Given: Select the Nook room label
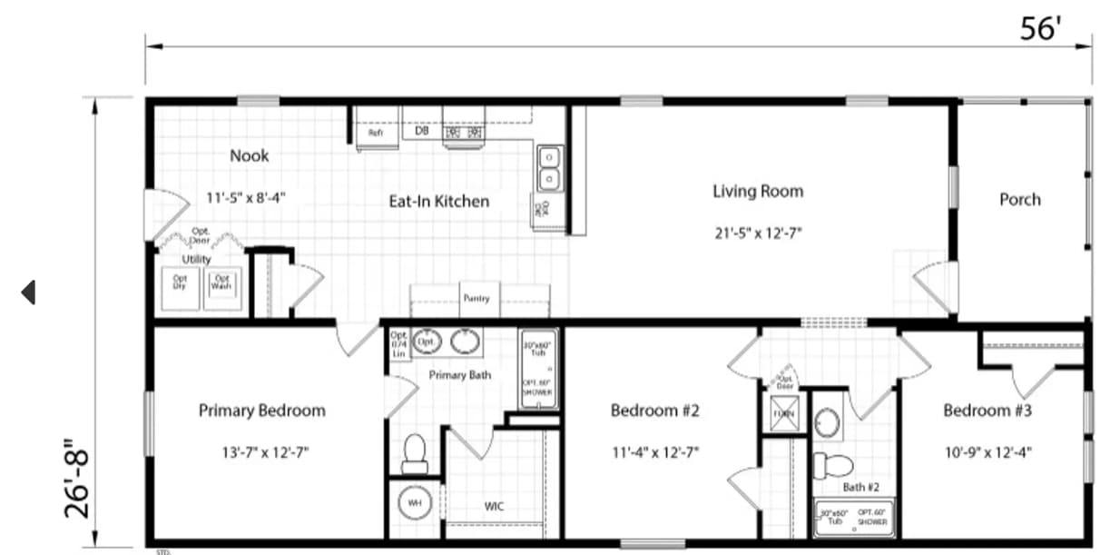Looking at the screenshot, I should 249,155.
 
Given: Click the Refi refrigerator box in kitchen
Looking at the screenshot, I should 375,133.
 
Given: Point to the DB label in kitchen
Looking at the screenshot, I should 421,131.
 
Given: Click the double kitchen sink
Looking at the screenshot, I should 550,168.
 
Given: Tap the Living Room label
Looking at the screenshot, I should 757,191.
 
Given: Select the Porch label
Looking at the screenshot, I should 1019,199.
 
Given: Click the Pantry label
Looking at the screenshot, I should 476,298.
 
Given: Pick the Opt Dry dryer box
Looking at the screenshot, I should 180,282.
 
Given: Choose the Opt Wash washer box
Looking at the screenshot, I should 221,282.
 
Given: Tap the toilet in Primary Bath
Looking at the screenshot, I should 415,452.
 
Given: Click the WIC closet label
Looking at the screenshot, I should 494,506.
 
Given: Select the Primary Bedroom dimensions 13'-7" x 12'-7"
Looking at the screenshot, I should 261,451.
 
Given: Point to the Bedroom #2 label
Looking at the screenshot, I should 654,411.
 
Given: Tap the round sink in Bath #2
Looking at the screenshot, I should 827,423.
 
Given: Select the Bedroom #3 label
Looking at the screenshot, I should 987,411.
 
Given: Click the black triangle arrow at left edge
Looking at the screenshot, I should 28,292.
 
